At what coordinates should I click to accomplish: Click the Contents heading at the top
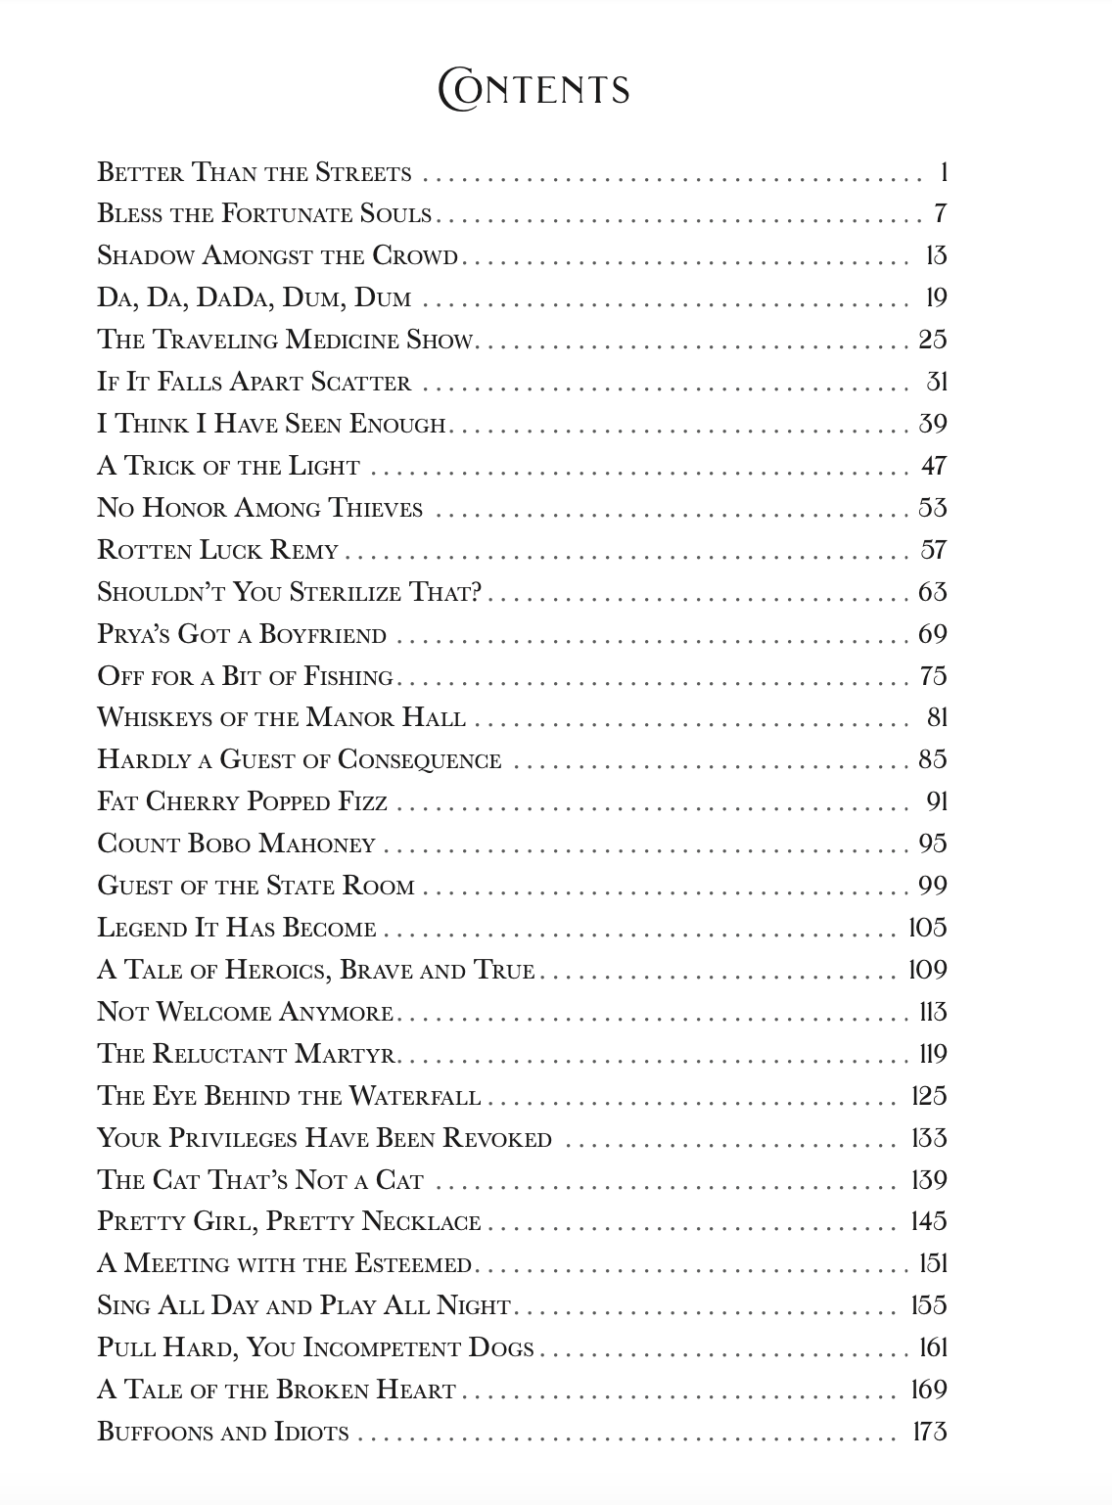(x=533, y=90)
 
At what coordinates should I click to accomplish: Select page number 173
(x=929, y=1432)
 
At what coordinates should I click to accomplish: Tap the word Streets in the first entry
(x=363, y=173)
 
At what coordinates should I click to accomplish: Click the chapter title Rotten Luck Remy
(x=217, y=550)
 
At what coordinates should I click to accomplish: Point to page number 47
(x=933, y=466)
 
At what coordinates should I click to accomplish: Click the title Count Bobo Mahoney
(x=236, y=844)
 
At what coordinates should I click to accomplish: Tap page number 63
(x=932, y=592)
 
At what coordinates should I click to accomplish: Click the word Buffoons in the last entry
(x=155, y=1433)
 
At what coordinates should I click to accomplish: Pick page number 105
(x=927, y=928)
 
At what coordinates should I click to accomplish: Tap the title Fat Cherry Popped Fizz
(x=242, y=802)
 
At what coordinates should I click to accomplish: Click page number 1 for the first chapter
(x=942, y=173)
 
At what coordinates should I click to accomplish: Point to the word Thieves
(x=375, y=509)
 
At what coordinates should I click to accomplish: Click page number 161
(x=932, y=1347)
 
